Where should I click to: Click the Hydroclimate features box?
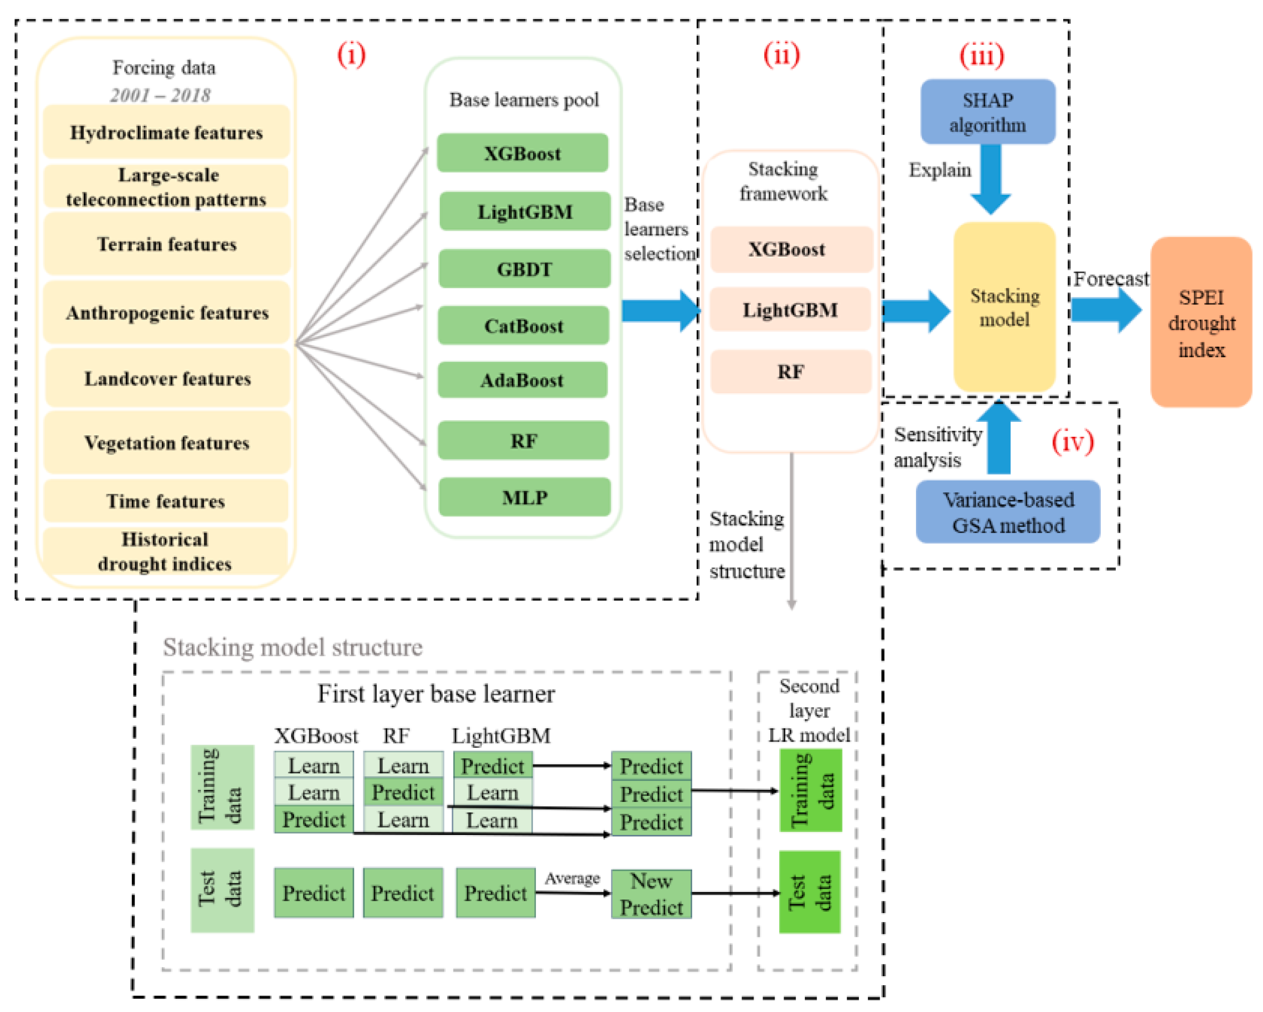[x=166, y=132]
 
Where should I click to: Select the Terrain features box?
[x=166, y=244]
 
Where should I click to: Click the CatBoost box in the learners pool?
[x=523, y=326]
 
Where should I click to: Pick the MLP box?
[x=524, y=497]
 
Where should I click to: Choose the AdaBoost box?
[x=522, y=380]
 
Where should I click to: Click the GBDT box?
[x=524, y=269]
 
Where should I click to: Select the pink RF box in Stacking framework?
[x=790, y=372]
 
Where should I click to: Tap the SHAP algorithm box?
[x=988, y=112]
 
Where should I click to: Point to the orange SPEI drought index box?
[x=1201, y=323]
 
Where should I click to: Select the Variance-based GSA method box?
[x=1007, y=512]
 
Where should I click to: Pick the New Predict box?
[x=651, y=894]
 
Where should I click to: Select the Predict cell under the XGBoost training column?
[x=313, y=819]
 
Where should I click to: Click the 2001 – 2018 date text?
[x=160, y=95]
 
